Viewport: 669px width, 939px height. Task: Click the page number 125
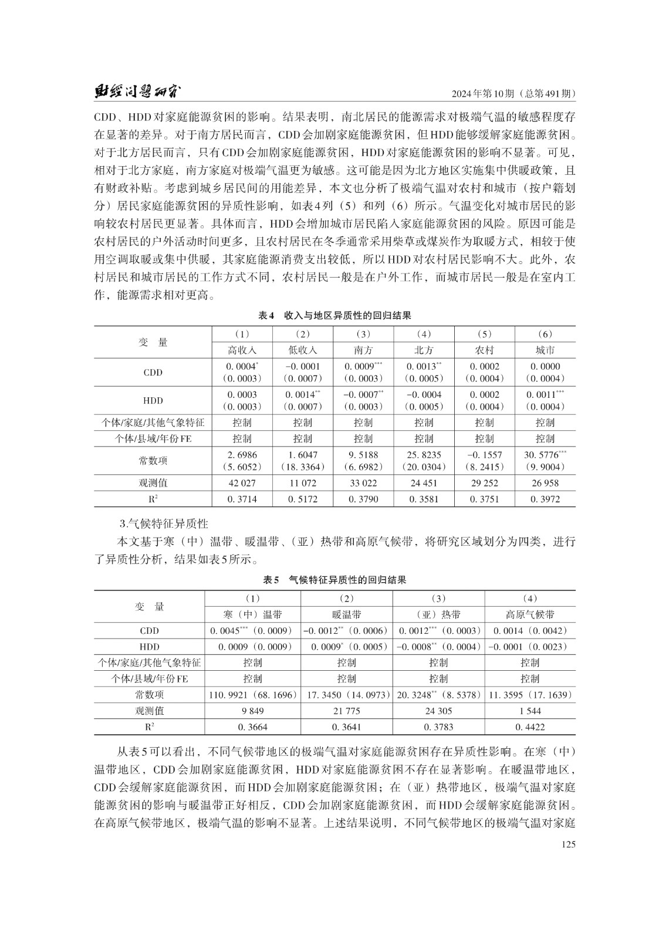[x=567, y=845]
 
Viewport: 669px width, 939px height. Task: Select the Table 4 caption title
[x=334, y=315]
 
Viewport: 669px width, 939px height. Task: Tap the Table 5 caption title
[x=334, y=580]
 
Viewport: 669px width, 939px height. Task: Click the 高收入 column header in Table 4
[x=242, y=350]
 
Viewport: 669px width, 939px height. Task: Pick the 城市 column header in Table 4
[x=545, y=350]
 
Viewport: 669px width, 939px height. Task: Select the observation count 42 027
[x=242, y=483]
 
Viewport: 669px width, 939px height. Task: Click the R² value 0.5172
[x=303, y=499]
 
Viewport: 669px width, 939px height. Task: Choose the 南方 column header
[x=363, y=350]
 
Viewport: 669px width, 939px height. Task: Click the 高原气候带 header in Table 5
[x=530, y=614]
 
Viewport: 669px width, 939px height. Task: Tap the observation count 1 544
[x=530, y=711]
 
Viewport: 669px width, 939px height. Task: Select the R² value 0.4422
[x=530, y=727]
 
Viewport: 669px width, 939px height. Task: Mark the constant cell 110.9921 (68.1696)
[x=252, y=695]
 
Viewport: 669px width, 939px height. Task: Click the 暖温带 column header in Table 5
[x=346, y=614]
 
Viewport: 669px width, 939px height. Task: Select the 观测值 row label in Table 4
[x=153, y=483]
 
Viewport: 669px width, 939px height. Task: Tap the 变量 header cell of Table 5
[x=150, y=607]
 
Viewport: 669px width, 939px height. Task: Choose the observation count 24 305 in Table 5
[x=438, y=711]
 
